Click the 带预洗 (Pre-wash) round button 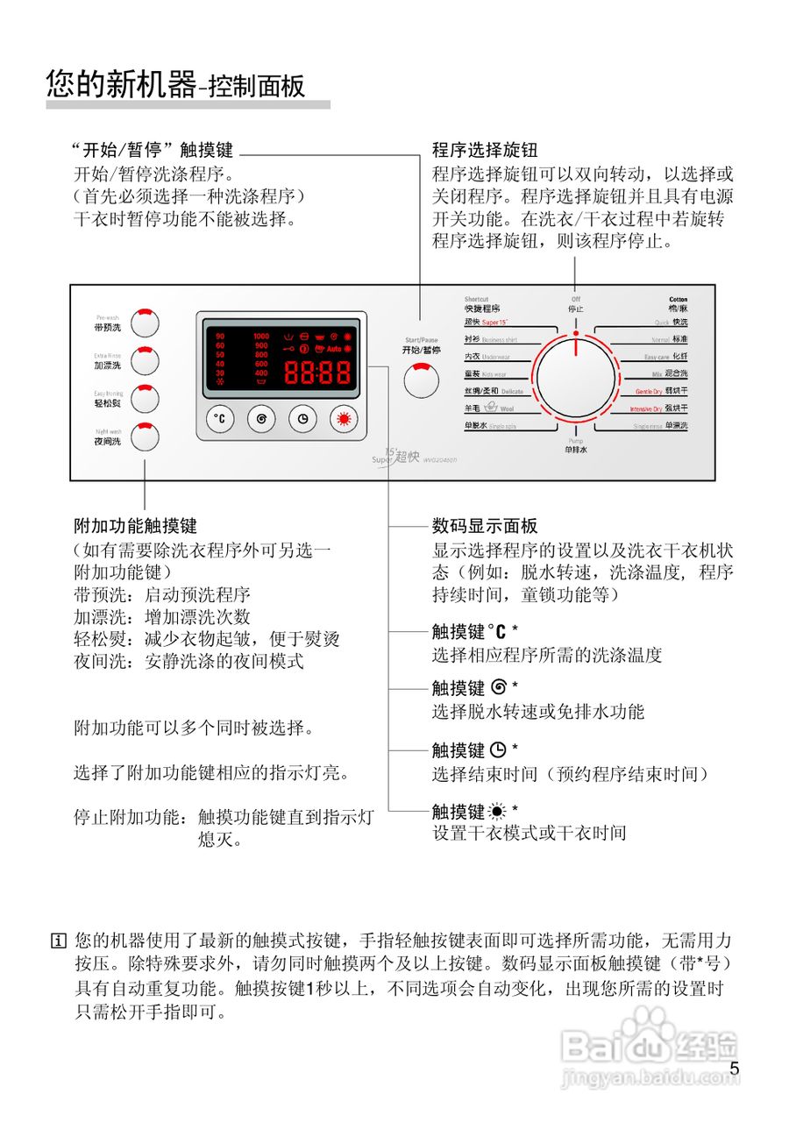click(x=146, y=323)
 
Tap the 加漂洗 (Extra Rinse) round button click(x=146, y=360)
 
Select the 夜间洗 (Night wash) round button click(x=146, y=437)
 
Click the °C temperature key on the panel click(x=221, y=419)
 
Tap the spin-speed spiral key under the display click(x=261, y=419)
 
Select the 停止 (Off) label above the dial click(x=576, y=309)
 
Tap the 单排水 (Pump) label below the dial click(x=576, y=449)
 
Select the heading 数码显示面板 click(x=485, y=526)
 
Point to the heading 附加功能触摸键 click(x=136, y=526)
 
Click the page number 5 click(x=735, y=1068)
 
